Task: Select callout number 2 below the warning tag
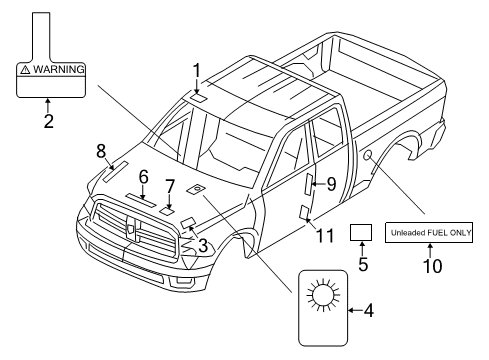48,121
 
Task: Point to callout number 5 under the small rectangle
362,266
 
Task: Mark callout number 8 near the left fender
101,150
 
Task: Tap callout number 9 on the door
331,183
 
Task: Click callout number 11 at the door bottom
322,236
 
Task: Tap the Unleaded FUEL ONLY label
431,232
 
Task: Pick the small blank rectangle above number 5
362,233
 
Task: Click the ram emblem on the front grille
132,229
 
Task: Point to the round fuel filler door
369,155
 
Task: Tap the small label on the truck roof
198,97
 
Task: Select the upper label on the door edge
310,183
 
